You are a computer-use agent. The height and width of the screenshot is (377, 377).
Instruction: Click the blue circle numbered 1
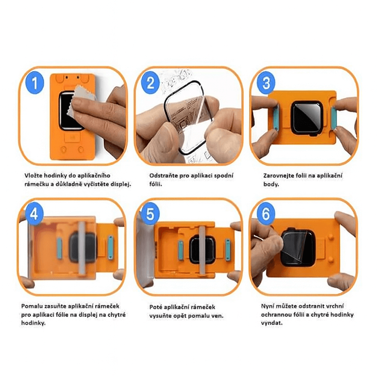pyautogui.click(x=35, y=82)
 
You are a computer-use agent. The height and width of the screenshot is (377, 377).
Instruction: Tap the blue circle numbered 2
pyautogui.click(x=150, y=82)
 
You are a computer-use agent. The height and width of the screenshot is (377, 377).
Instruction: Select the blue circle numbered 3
pyautogui.click(x=266, y=82)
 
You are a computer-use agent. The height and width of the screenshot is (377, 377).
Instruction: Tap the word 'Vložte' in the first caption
pyautogui.click(x=34, y=175)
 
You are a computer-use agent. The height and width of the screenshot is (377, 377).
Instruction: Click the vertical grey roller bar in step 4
pyautogui.click(x=82, y=248)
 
